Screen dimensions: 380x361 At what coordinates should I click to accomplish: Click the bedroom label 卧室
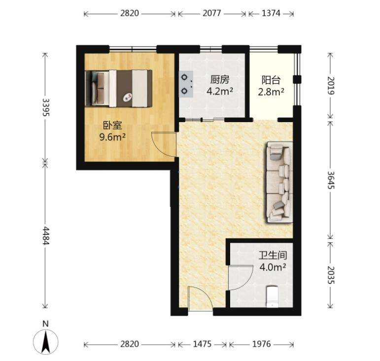coord(112,126)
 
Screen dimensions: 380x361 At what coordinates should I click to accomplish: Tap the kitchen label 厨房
coord(219,80)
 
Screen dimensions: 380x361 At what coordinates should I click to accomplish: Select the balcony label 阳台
coord(271,80)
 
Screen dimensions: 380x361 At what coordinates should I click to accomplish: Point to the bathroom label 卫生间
coord(273,256)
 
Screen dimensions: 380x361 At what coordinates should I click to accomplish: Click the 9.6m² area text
coord(112,137)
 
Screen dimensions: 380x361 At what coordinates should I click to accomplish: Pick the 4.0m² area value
coord(273,267)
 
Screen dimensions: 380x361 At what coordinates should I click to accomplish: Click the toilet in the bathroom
coord(272,297)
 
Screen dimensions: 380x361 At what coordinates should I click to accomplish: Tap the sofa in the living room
coord(279,182)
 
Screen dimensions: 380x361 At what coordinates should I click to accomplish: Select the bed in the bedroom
coord(118,88)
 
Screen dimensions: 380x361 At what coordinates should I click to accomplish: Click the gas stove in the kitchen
coord(186,84)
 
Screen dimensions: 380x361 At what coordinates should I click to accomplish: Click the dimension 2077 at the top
coord(212,13)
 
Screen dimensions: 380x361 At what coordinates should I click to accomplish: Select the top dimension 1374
coord(271,13)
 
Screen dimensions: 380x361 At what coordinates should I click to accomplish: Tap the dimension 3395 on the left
coord(45,107)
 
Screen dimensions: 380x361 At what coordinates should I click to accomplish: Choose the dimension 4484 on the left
coord(45,235)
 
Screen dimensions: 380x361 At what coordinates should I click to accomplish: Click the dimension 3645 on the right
coord(331,180)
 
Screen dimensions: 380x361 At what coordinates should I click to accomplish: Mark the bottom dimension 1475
coord(202,344)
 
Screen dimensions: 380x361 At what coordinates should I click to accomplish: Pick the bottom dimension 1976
coord(261,344)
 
